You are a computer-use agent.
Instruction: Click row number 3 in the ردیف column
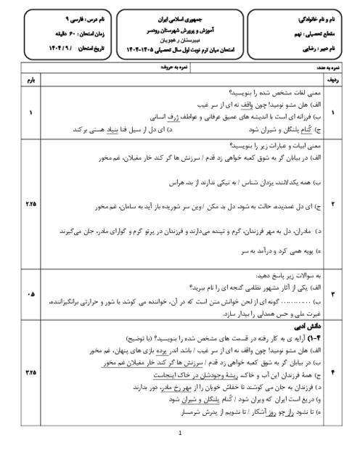click(333, 294)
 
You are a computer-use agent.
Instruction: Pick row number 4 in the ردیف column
click(333, 371)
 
